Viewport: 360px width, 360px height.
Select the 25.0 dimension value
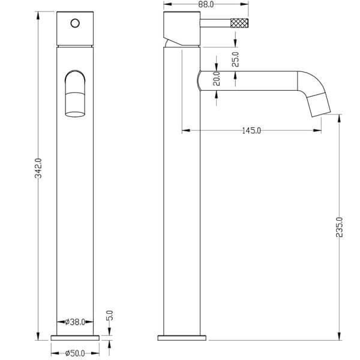(236, 59)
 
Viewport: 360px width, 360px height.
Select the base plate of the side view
(183, 337)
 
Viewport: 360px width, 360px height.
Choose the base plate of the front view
(75, 337)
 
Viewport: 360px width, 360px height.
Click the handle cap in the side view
(182, 24)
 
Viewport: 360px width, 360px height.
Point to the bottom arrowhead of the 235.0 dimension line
(339, 336)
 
